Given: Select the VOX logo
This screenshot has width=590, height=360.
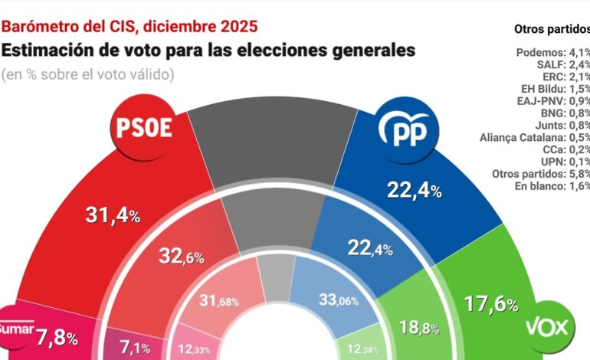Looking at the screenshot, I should (x=549, y=329).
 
